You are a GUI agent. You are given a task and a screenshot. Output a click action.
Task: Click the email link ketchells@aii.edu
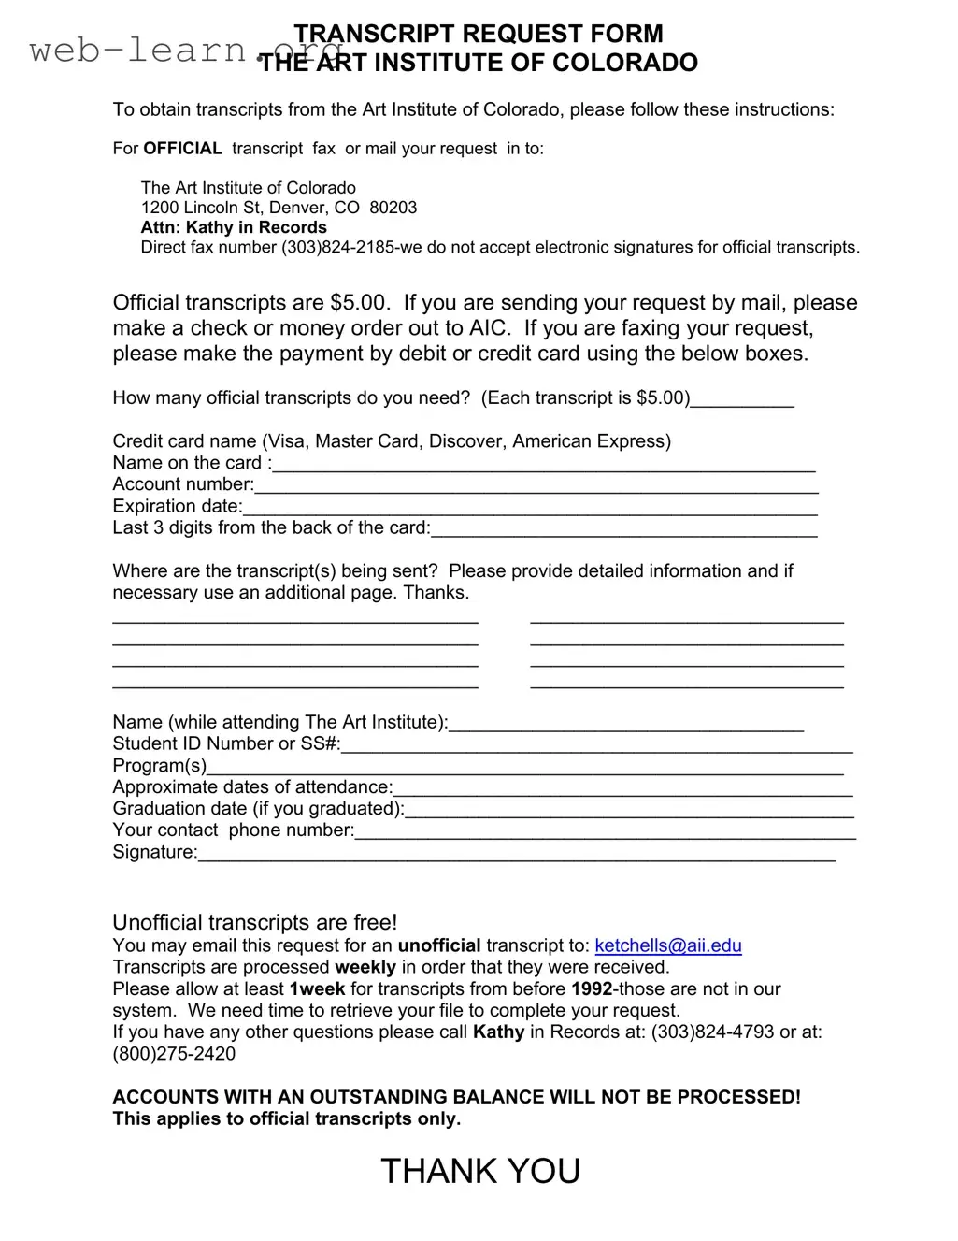point(668,945)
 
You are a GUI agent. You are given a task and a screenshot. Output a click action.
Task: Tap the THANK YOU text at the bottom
point(480,1171)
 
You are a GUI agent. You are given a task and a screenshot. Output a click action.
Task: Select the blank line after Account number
point(536,486)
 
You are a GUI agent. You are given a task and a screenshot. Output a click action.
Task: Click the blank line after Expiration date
point(530,508)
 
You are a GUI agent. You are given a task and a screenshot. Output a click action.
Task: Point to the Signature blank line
point(517,854)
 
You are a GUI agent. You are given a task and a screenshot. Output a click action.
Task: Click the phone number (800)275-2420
point(174,1054)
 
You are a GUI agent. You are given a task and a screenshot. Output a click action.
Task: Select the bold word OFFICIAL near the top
point(182,149)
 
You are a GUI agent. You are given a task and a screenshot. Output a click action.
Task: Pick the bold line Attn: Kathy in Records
point(234,227)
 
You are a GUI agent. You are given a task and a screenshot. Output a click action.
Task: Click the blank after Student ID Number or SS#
point(597,746)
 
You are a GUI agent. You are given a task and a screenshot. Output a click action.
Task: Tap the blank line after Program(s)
point(524,768)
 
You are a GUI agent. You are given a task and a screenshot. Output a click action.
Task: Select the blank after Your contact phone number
point(605,832)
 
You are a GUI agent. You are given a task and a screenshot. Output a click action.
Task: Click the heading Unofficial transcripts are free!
point(255,922)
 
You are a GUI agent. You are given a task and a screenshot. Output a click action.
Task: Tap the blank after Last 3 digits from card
point(623,530)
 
